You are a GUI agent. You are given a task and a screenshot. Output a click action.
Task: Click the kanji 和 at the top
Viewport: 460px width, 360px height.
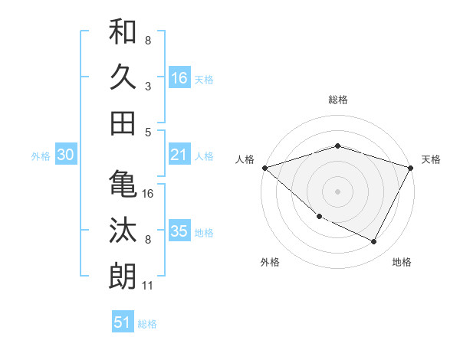click(x=123, y=32)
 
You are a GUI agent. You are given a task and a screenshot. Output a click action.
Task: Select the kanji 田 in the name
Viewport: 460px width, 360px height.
click(x=123, y=122)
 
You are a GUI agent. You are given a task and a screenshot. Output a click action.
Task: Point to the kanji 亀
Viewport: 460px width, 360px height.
click(x=123, y=184)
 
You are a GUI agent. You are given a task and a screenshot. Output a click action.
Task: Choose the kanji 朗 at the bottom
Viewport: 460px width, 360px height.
click(x=123, y=275)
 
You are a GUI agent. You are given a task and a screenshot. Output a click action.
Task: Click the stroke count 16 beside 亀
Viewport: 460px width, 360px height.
click(x=149, y=194)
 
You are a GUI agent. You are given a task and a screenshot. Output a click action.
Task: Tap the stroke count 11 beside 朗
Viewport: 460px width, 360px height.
click(x=149, y=286)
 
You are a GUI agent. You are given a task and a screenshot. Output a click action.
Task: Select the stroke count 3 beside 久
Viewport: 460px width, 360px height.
click(x=148, y=87)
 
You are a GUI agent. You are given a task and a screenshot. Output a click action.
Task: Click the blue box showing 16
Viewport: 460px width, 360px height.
click(x=179, y=77)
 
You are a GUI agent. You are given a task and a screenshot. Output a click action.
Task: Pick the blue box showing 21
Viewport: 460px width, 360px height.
click(x=179, y=155)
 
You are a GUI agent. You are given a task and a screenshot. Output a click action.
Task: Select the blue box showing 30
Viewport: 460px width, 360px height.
click(x=66, y=155)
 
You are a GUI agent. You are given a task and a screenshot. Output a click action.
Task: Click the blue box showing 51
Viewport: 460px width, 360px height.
click(x=123, y=322)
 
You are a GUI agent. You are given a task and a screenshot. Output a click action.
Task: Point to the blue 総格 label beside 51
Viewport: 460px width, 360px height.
click(x=147, y=324)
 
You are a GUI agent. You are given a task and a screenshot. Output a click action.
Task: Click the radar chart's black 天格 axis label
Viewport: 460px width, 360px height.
click(x=431, y=159)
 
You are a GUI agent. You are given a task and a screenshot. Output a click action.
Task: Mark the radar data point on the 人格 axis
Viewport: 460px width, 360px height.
click(x=264, y=168)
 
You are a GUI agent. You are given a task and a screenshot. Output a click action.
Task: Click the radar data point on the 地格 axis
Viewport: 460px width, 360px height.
click(x=374, y=242)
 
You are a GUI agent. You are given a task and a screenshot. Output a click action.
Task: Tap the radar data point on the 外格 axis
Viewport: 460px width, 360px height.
click(x=319, y=217)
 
